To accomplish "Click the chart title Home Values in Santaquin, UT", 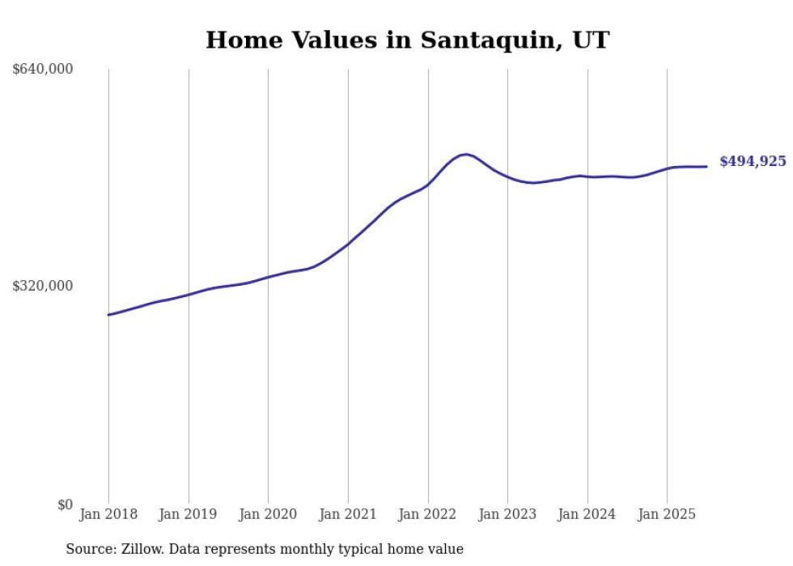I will [x=407, y=40].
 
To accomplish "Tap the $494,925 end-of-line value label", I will [x=753, y=162].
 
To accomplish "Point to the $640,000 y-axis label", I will [x=43, y=70].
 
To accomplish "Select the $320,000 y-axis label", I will [x=43, y=286].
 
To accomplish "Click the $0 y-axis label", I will [x=65, y=504].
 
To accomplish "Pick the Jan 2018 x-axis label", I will [x=108, y=514].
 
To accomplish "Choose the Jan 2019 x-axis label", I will [x=189, y=514].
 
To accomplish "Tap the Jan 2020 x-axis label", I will [x=268, y=514].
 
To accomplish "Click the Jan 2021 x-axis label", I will [x=348, y=514].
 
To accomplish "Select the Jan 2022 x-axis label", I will [x=428, y=514].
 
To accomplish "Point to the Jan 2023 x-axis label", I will [x=507, y=514].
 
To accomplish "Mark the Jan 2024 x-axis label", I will [x=587, y=514].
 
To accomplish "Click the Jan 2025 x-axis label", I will [x=667, y=514].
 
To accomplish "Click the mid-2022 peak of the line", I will [x=465, y=154].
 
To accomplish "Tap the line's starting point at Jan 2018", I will [x=108, y=314].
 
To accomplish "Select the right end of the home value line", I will [x=706, y=167].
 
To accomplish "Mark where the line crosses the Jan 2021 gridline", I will [x=348, y=244].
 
